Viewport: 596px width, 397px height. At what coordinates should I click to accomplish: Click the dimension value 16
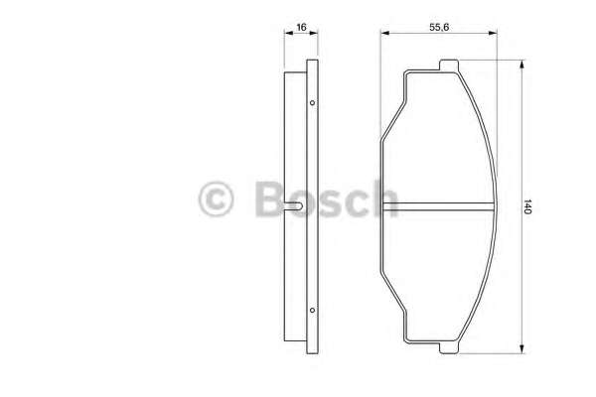coord(301,28)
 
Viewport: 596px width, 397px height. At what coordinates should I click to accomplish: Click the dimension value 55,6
coord(439,28)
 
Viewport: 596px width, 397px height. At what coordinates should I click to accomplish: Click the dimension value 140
coord(526,206)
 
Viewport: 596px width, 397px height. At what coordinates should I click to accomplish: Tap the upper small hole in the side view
coord(312,102)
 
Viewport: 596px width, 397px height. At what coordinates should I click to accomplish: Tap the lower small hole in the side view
coord(312,310)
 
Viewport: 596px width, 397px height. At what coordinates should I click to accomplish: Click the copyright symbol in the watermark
coord(216,199)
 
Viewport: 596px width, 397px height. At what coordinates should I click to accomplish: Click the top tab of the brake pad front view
coord(449,66)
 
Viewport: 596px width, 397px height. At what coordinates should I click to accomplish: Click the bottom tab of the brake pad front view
coord(449,347)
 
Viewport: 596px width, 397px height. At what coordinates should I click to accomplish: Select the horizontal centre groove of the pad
coord(438,206)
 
